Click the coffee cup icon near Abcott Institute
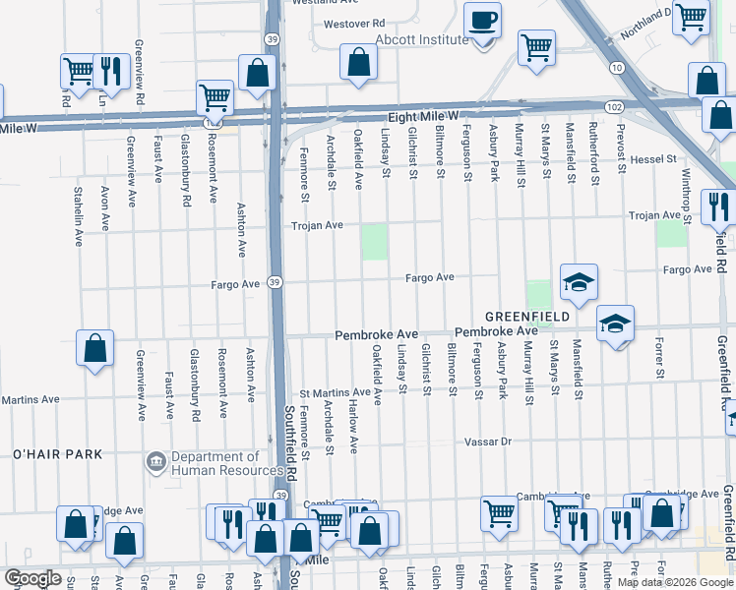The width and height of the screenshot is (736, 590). [482, 20]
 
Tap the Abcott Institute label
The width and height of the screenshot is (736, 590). [421, 39]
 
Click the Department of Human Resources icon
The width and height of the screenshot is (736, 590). [156, 462]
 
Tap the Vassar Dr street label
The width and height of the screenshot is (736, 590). [490, 442]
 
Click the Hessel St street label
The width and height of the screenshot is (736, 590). [654, 158]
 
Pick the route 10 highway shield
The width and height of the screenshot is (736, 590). [616, 67]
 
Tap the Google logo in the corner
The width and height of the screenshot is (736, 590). [32, 578]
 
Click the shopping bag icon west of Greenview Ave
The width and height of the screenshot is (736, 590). [94, 348]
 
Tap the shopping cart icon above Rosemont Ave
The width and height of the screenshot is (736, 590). [215, 97]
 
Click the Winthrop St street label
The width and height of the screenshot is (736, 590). [687, 193]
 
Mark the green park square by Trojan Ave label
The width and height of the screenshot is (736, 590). [374, 242]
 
